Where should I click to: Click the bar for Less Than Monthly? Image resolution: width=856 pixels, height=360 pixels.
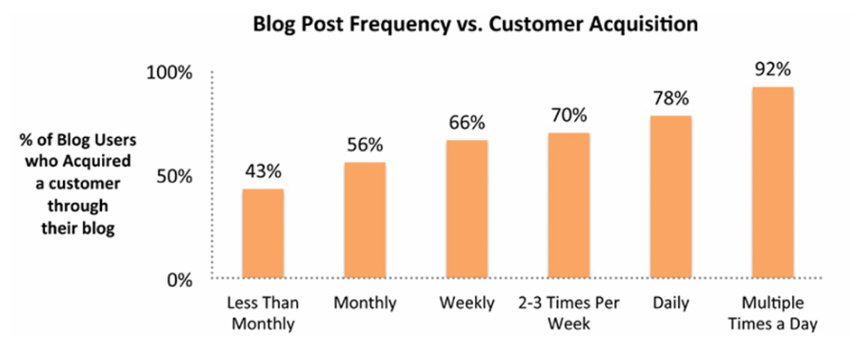point(263,233)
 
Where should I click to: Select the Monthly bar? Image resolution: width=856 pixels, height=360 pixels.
point(365,220)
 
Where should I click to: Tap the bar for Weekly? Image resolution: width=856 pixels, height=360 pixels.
point(467,210)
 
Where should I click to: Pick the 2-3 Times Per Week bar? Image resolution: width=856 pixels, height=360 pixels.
point(568,206)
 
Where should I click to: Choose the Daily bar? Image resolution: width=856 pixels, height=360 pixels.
point(670,197)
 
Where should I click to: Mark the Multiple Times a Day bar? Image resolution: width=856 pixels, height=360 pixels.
point(772,183)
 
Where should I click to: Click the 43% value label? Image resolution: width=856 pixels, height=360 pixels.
point(263,173)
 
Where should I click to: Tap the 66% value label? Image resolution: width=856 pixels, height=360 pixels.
point(467,124)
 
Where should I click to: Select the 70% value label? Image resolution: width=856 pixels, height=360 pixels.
point(568,116)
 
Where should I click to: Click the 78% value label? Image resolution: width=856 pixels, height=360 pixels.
point(670,99)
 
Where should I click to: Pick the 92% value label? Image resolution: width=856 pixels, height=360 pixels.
point(772,70)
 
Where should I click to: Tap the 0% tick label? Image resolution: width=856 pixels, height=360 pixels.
point(181,280)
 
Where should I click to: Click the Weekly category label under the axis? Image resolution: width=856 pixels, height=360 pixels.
point(467,304)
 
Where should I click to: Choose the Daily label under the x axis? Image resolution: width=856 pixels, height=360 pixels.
point(670,304)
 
